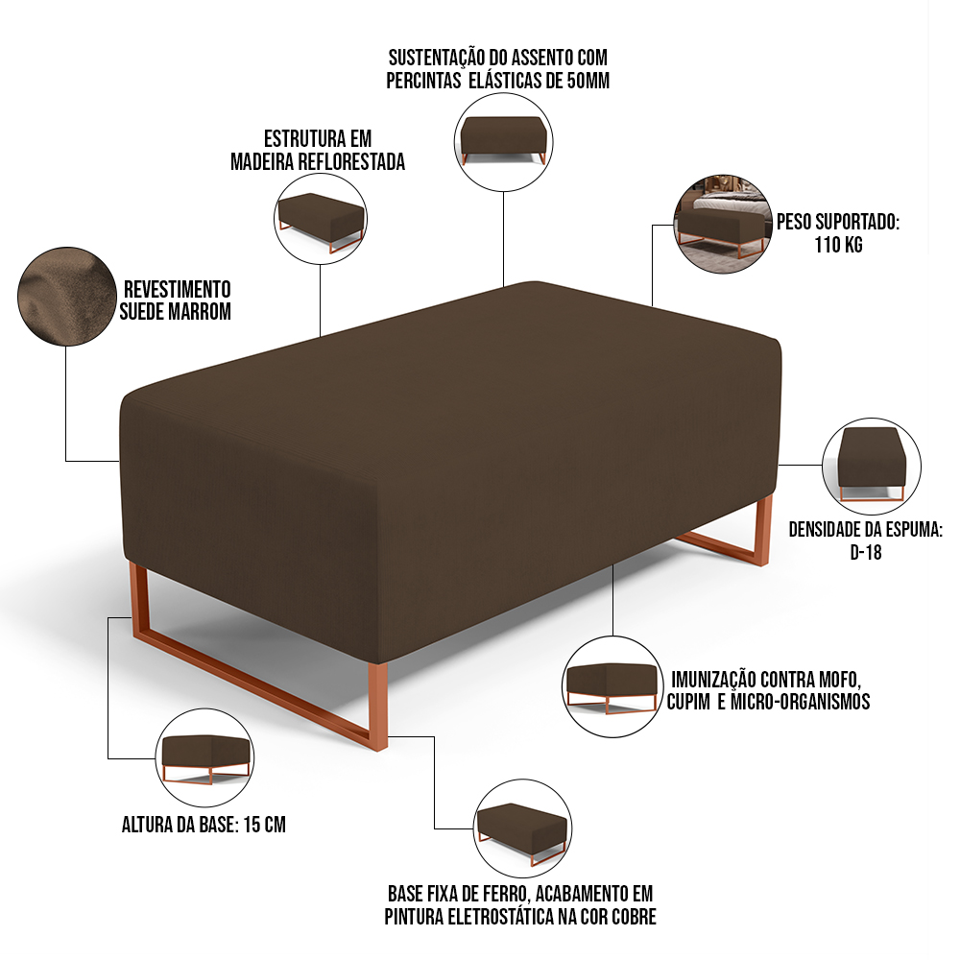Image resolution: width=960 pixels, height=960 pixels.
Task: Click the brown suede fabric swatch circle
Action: point(67,297)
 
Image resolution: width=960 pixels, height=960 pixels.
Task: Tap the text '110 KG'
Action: point(838,245)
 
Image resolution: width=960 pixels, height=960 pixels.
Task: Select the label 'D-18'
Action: point(866,552)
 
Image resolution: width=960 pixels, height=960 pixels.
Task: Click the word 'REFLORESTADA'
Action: point(351,161)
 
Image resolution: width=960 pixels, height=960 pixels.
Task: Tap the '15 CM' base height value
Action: point(265,825)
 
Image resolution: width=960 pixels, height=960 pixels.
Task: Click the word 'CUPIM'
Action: point(688,702)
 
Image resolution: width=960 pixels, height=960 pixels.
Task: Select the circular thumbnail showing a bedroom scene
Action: point(723,224)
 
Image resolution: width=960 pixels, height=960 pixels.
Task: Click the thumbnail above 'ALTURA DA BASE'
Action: point(205,757)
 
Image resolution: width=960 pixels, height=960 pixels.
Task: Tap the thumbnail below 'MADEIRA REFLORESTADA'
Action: point(321,219)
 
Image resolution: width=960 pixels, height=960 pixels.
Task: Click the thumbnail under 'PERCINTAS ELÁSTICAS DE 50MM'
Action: point(503,141)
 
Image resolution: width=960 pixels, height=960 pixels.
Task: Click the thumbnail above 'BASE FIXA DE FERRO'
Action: point(522,828)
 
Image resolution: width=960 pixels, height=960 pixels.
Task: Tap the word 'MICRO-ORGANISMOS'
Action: point(801,702)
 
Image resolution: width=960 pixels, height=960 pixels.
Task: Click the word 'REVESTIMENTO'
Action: point(177,289)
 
